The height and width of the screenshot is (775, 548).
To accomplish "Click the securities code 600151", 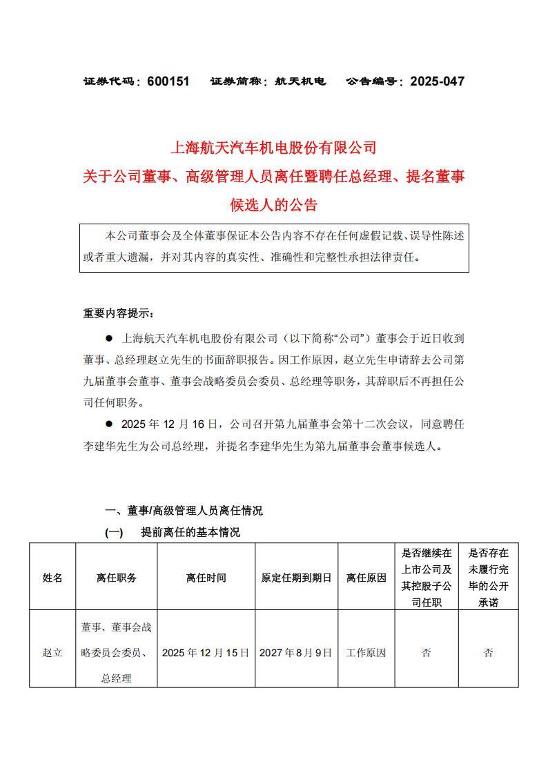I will [x=168, y=81].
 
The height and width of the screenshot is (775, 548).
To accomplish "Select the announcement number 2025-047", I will [x=437, y=81].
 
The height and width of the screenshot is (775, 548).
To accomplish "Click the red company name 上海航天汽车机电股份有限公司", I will [x=274, y=147].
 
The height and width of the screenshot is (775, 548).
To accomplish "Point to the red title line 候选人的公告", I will [x=274, y=205].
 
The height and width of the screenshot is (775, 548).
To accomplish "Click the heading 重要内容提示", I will [x=119, y=313].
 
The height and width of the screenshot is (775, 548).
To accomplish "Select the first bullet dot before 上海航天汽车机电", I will [x=108, y=339].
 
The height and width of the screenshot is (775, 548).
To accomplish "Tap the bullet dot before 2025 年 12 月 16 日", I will [x=108, y=424].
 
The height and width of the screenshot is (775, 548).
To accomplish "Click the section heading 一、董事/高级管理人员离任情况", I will [x=184, y=511].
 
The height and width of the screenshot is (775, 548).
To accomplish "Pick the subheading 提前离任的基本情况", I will [x=190, y=532].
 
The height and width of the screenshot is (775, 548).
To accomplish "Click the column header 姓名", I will [x=52, y=578].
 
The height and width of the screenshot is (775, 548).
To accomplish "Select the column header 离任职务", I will [x=117, y=578].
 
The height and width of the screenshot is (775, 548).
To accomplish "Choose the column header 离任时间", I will [x=206, y=578].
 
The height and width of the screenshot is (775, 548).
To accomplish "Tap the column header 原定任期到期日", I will [x=296, y=578].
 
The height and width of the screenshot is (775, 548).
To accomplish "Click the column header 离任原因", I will [x=366, y=578].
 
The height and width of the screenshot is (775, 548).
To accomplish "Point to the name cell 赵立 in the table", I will [x=52, y=652].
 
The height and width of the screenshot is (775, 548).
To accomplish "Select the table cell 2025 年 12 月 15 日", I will [x=206, y=652].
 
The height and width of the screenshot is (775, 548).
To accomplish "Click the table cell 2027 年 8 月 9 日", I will [x=296, y=652].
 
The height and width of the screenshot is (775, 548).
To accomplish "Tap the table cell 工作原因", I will [x=366, y=652].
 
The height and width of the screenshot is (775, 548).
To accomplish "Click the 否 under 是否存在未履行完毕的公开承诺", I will [x=488, y=652].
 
